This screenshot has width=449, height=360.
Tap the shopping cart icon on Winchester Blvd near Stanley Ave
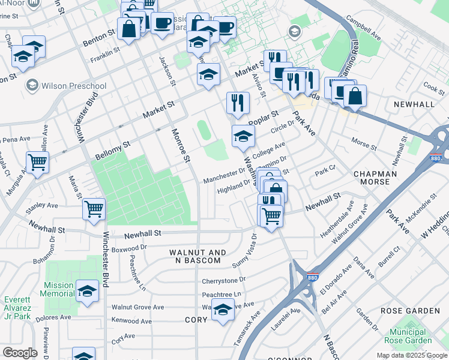pyautogui.click(x=94, y=209)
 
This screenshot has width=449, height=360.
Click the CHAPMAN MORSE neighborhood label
pyautogui.click(x=375, y=178)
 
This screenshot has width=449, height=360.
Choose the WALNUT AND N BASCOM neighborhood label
pyautogui.click(x=198, y=257)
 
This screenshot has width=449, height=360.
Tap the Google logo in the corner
pyautogui.click(x=20, y=353)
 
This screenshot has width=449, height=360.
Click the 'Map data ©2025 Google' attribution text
pyautogui.click(x=411, y=355)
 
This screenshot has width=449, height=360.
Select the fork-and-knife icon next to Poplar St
pyautogui.click(x=238, y=103)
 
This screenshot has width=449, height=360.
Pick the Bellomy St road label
pyautogui.click(x=113, y=152)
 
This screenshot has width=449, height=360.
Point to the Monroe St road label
pyautogui.click(x=180, y=146)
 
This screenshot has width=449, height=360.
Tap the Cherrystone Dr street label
pyautogui.click(x=224, y=280)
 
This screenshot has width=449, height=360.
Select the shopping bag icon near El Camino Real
pyautogui.click(x=355, y=95)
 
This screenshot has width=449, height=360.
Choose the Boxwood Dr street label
pyautogui.click(x=129, y=247)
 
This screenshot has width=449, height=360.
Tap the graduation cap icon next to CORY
pyautogui.click(x=223, y=310)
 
